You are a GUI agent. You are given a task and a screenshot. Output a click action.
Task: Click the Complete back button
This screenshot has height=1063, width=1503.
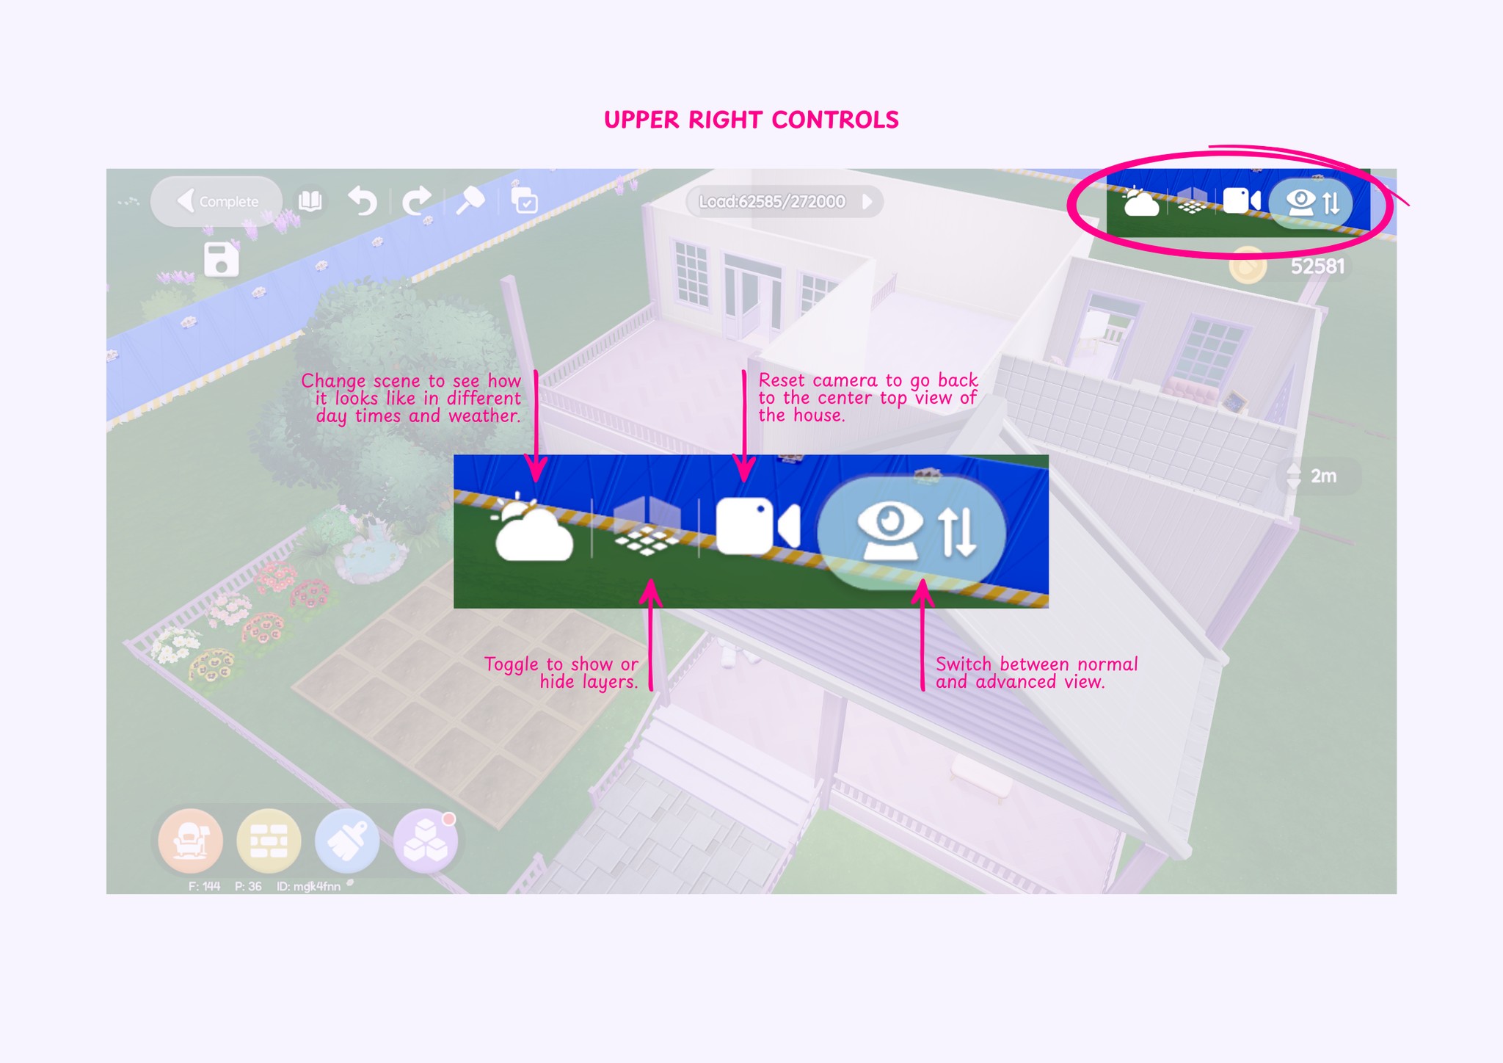pyautogui.click(x=217, y=201)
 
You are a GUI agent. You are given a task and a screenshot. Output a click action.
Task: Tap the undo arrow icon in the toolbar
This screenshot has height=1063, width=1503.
pyautogui.click(x=363, y=200)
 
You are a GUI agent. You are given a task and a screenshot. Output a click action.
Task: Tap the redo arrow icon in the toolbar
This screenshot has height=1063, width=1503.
pyautogui.click(x=416, y=200)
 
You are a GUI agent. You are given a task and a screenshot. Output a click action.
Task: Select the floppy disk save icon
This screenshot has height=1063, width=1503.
pyautogui.click(x=221, y=259)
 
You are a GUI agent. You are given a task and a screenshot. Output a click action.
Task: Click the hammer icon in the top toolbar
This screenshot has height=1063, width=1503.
pyautogui.click(x=470, y=200)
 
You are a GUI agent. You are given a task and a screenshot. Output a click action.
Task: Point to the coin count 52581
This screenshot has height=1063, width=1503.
pyautogui.click(x=1317, y=266)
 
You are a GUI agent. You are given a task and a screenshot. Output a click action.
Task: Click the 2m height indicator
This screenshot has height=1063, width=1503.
pyautogui.click(x=1322, y=476)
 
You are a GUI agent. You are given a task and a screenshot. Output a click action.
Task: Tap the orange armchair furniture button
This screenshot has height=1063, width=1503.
pyautogui.click(x=191, y=841)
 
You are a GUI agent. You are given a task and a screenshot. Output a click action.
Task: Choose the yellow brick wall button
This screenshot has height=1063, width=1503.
pyautogui.click(x=269, y=841)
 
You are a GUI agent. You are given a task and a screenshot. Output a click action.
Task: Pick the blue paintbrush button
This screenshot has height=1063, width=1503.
pyautogui.click(x=347, y=841)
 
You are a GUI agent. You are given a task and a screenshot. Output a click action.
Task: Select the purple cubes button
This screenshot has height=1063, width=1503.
pyautogui.click(x=426, y=841)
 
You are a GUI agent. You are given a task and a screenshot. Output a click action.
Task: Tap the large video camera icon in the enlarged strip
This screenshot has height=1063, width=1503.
pyautogui.click(x=756, y=526)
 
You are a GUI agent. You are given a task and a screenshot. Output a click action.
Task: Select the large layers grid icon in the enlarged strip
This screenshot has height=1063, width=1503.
pyautogui.click(x=646, y=529)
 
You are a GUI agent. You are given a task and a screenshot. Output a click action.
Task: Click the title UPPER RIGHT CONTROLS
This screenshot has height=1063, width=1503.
pyautogui.click(x=751, y=120)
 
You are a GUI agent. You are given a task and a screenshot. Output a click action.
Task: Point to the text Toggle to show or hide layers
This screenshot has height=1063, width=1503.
pyautogui.click(x=561, y=673)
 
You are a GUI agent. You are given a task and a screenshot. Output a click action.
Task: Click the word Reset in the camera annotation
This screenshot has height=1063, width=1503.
pyautogui.click(x=781, y=380)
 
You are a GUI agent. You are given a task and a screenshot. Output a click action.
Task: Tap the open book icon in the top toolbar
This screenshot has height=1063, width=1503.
pyautogui.click(x=310, y=200)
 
